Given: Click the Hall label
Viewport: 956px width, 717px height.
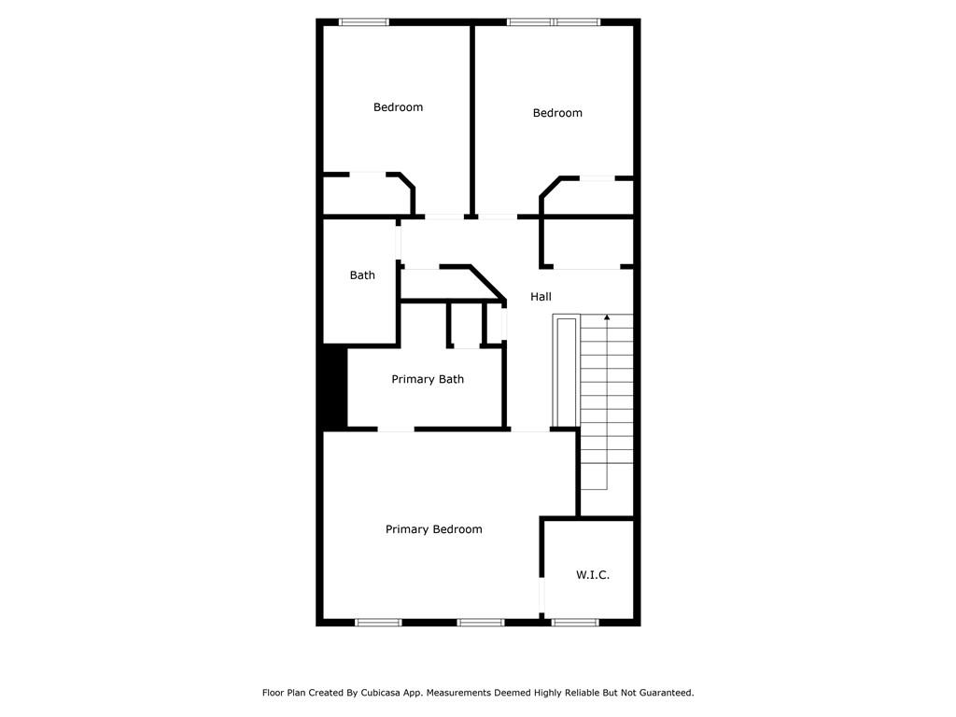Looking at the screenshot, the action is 541,297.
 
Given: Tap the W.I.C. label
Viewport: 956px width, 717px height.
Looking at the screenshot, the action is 593,575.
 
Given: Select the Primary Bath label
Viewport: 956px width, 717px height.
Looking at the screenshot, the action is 428,379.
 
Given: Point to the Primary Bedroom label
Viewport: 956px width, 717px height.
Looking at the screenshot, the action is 433,529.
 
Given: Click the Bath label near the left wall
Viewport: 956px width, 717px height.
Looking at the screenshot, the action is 362,275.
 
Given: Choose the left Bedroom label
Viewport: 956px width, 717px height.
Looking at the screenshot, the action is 398,107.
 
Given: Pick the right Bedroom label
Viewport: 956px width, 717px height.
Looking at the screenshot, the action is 557,113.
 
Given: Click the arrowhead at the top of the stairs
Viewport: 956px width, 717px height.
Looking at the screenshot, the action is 607,317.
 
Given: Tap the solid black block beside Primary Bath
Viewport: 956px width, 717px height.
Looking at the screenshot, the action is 335,387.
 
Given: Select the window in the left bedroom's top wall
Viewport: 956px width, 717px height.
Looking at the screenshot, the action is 364,22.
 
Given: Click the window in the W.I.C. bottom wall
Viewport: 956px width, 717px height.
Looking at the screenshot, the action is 575,623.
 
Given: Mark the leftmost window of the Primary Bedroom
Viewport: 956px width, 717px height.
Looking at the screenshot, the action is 379,623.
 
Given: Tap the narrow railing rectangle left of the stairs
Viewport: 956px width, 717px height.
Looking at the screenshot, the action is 566,372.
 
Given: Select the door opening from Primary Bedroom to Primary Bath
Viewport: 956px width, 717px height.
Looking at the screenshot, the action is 396,429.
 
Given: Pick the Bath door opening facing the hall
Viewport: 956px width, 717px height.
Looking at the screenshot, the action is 399,243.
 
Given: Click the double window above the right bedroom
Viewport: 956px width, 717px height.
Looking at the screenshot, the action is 554,22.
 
